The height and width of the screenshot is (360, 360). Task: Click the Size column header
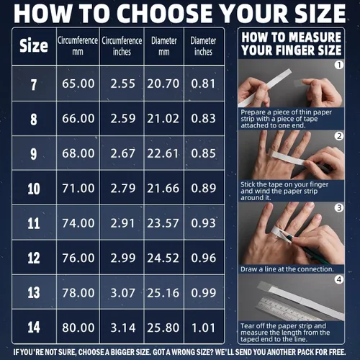(x=34, y=45)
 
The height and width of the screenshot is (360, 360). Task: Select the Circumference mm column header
(x=78, y=46)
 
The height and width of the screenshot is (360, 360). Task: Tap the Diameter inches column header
(x=203, y=46)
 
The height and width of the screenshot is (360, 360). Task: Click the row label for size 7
(x=34, y=85)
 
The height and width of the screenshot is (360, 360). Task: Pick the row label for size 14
(x=34, y=327)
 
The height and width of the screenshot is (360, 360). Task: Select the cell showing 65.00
(x=78, y=84)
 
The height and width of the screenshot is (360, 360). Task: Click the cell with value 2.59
(x=123, y=119)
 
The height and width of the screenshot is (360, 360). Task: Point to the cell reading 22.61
(x=163, y=153)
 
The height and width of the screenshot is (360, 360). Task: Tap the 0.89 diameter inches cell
(x=204, y=188)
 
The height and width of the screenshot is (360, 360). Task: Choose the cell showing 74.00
(x=78, y=223)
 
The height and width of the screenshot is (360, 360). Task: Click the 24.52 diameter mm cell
(x=163, y=258)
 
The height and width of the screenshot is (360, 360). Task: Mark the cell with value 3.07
(x=123, y=293)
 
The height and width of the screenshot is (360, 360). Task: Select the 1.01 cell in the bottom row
(x=204, y=328)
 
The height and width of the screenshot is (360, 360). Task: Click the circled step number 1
(x=339, y=65)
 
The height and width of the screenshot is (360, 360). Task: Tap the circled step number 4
(x=339, y=279)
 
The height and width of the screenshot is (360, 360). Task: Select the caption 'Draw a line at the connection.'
(x=287, y=269)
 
